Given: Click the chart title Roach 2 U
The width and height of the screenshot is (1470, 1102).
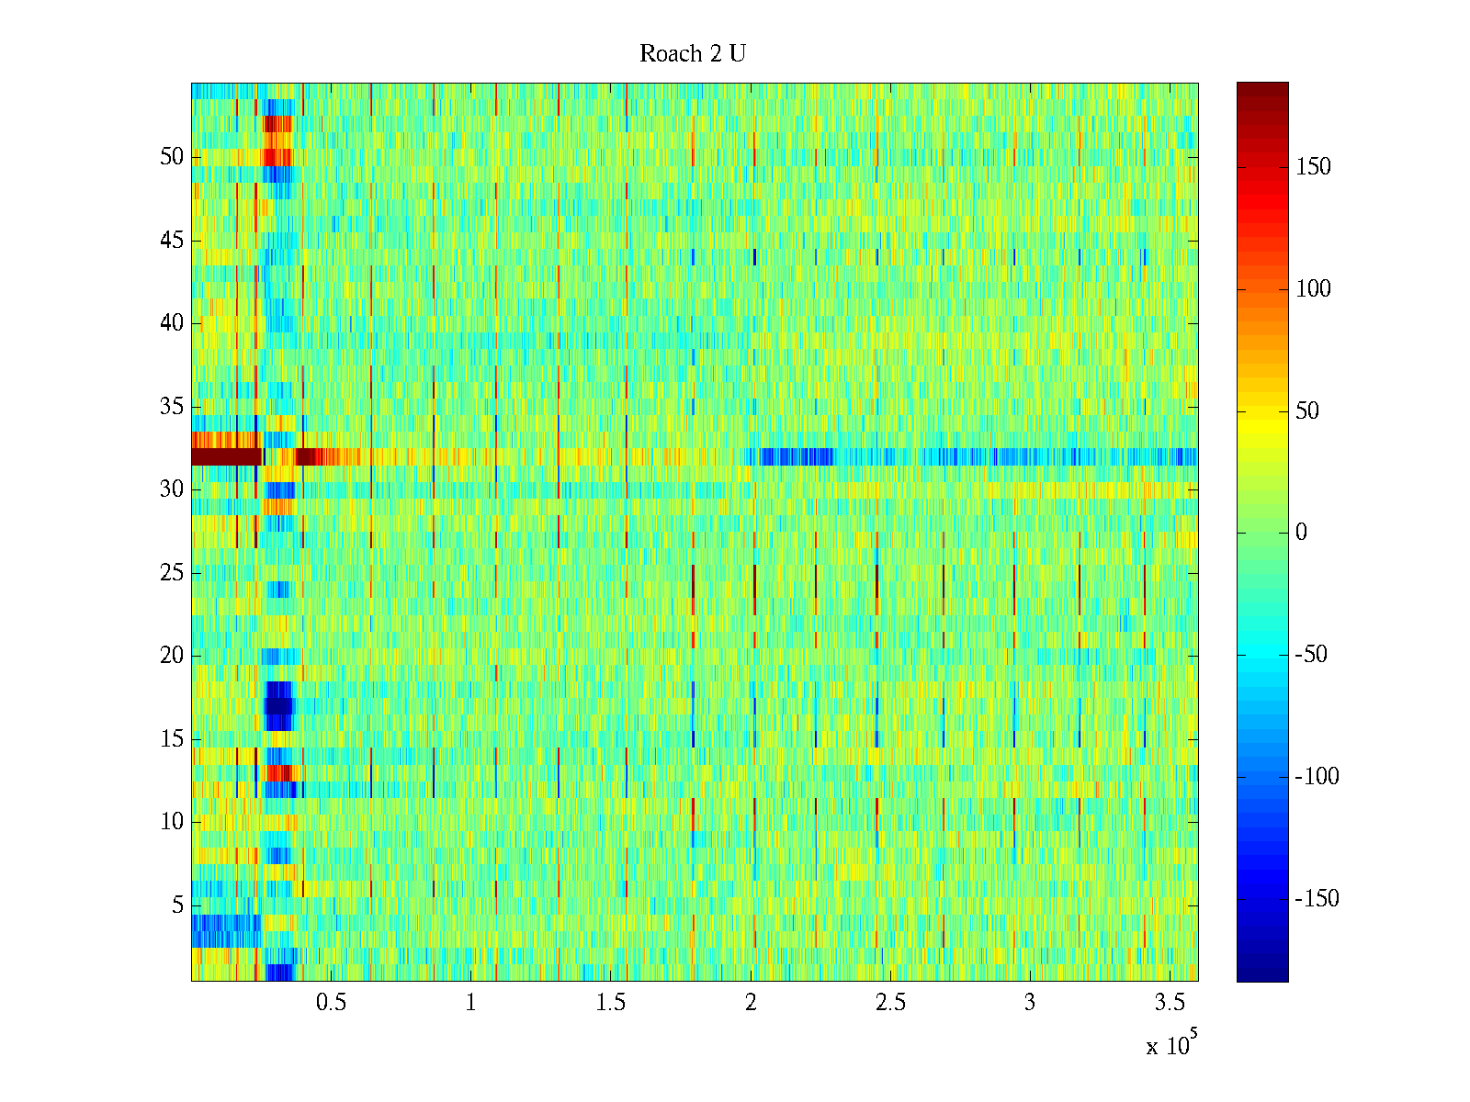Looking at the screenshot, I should [x=692, y=54].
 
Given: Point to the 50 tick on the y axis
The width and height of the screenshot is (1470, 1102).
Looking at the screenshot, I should [x=172, y=157].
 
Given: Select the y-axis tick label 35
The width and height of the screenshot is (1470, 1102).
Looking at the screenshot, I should [x=172, y=407].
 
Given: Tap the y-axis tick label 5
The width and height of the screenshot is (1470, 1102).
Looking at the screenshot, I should [x=177, y=905].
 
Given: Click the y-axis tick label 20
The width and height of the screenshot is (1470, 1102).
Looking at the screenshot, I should [x=172, y=656].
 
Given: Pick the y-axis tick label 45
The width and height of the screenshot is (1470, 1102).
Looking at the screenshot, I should [x=172, y=241].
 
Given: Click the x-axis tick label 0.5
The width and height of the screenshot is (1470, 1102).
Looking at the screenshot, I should [x=332, y=1003].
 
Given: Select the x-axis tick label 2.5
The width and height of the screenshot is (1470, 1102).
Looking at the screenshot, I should [x=890, y=1003].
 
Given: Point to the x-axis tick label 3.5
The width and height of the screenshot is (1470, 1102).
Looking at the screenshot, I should [x=1170, y=1003].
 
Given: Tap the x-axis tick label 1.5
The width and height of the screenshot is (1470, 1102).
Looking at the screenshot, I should [x=611, y=1003].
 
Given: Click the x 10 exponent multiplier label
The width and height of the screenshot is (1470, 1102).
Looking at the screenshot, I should [x=1171, y=1045].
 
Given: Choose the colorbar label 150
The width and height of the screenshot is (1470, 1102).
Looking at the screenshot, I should [x=1313, y=167].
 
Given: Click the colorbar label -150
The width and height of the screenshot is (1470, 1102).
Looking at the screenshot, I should [x=1317, y=899].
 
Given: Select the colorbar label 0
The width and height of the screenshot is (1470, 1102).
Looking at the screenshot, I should [x=1300, y=533].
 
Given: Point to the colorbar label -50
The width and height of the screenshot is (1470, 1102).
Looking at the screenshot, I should [x=1311, y=655].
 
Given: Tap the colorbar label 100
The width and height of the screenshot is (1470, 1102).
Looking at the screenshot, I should [x=1313, y=289].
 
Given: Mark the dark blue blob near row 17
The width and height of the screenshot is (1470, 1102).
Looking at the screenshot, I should [x=278, y=705].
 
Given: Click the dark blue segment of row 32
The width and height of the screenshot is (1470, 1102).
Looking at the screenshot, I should [x=796, y=456].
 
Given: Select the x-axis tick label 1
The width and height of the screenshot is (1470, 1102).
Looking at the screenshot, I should [x=470, y=1003].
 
